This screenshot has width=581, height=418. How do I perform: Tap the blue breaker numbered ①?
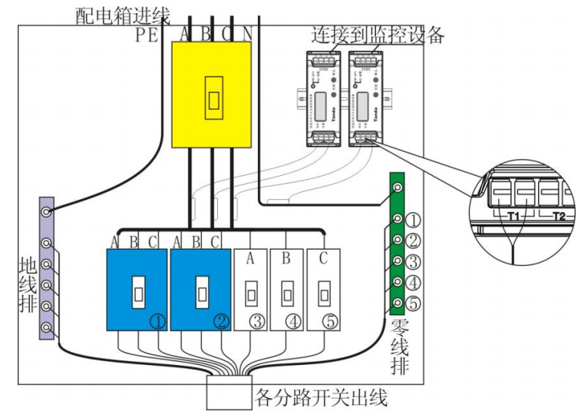[136, 289]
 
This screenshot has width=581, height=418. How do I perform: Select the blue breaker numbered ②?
[200, 289]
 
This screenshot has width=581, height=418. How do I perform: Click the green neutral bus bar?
[398, 243]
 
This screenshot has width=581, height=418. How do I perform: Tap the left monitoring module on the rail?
[323, 98]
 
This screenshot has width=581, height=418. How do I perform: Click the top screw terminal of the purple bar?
[48, 211]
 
